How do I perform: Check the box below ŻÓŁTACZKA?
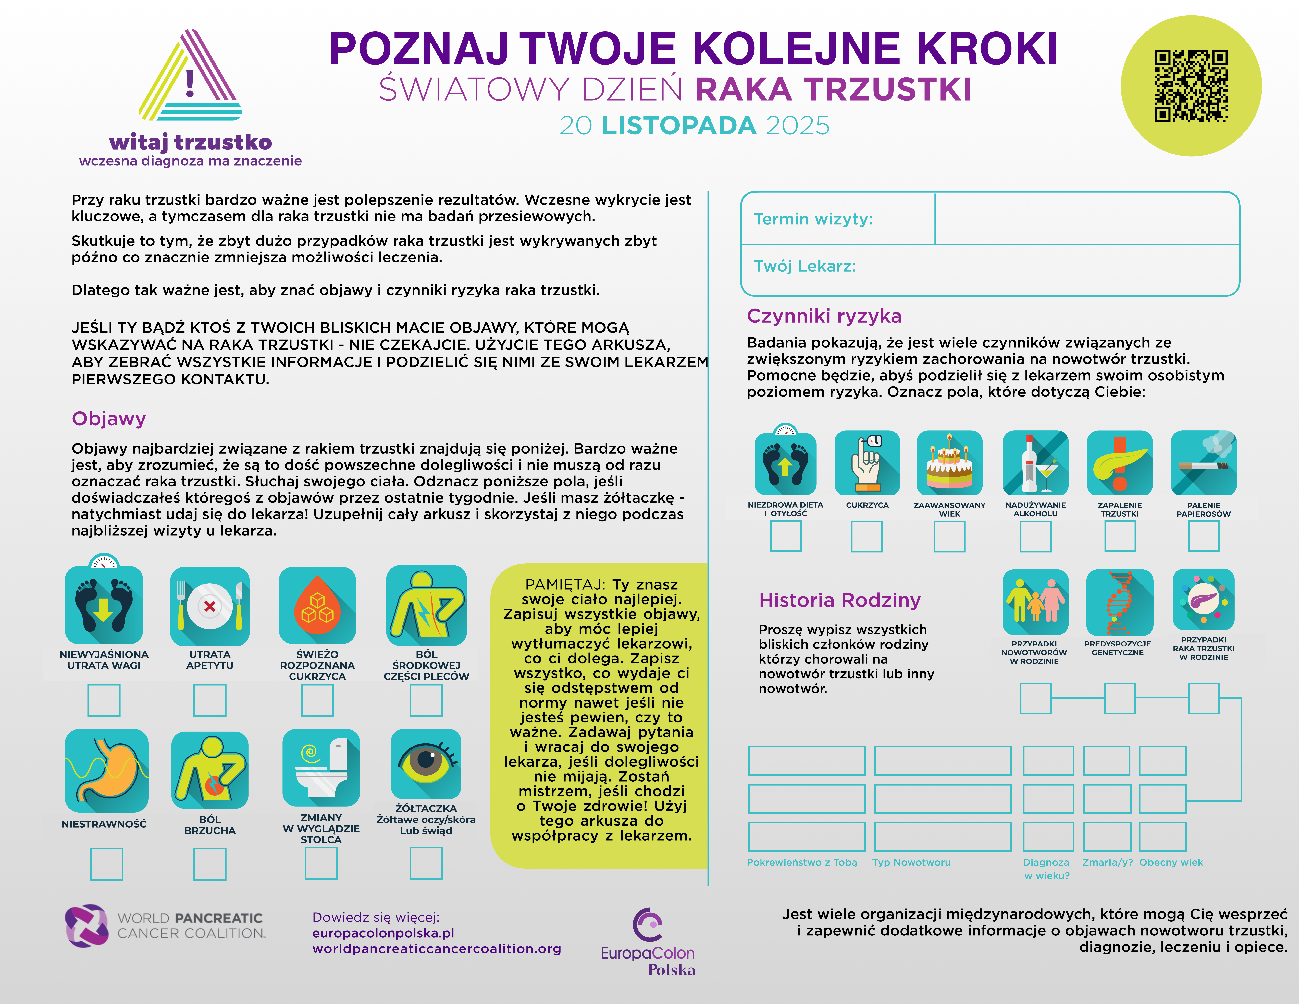[426, 863]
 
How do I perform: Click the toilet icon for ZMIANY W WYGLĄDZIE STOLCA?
[321, 767]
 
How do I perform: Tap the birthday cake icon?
[949, 463]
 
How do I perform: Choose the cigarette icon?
[1203, 463]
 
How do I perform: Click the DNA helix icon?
[1119, 603]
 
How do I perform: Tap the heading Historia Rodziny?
[839, 600]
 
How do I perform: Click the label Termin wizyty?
[813, 219]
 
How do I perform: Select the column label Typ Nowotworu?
[911, 862]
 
